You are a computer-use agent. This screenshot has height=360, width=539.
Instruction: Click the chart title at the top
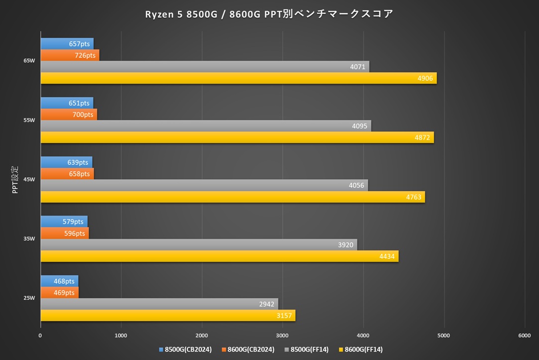click(x=269, y=14)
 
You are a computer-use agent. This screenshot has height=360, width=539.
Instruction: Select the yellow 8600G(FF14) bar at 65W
click(x=238, y=78)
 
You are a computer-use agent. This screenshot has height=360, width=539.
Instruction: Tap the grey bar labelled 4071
click(x=205, y=67)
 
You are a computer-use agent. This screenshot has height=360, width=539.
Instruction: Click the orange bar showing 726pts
click(x=70, y=55)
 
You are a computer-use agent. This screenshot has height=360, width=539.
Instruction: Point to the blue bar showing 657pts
click(x=67, y=44)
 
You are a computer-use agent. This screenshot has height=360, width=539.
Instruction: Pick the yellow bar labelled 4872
click(x=237, y=137)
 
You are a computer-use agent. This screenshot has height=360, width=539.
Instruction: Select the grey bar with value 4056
click(x=204, y=185)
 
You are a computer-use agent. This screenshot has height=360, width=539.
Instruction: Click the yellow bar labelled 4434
click(x=219, y=256)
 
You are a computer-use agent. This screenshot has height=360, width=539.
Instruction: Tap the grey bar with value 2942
click(x=159, y=304)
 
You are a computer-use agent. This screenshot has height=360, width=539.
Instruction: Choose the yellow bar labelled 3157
click(x=168, y=316)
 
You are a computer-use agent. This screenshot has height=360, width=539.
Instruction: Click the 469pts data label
click(x=64, y=293)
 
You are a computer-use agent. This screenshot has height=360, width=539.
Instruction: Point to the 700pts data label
click(x=83, y=115)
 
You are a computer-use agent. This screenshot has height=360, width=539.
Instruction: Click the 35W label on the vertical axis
click(x=29, y=239)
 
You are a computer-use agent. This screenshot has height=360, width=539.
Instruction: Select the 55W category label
click(x=29, y=120)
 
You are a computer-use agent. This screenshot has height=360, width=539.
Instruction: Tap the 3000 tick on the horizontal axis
click(x=282, y=336)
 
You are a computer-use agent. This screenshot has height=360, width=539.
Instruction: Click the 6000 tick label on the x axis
click(x=524, y=336)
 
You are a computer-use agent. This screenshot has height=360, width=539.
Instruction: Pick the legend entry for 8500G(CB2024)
click(x=185, y=350)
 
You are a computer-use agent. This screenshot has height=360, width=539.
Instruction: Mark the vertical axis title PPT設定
click(x=15, y=180)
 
